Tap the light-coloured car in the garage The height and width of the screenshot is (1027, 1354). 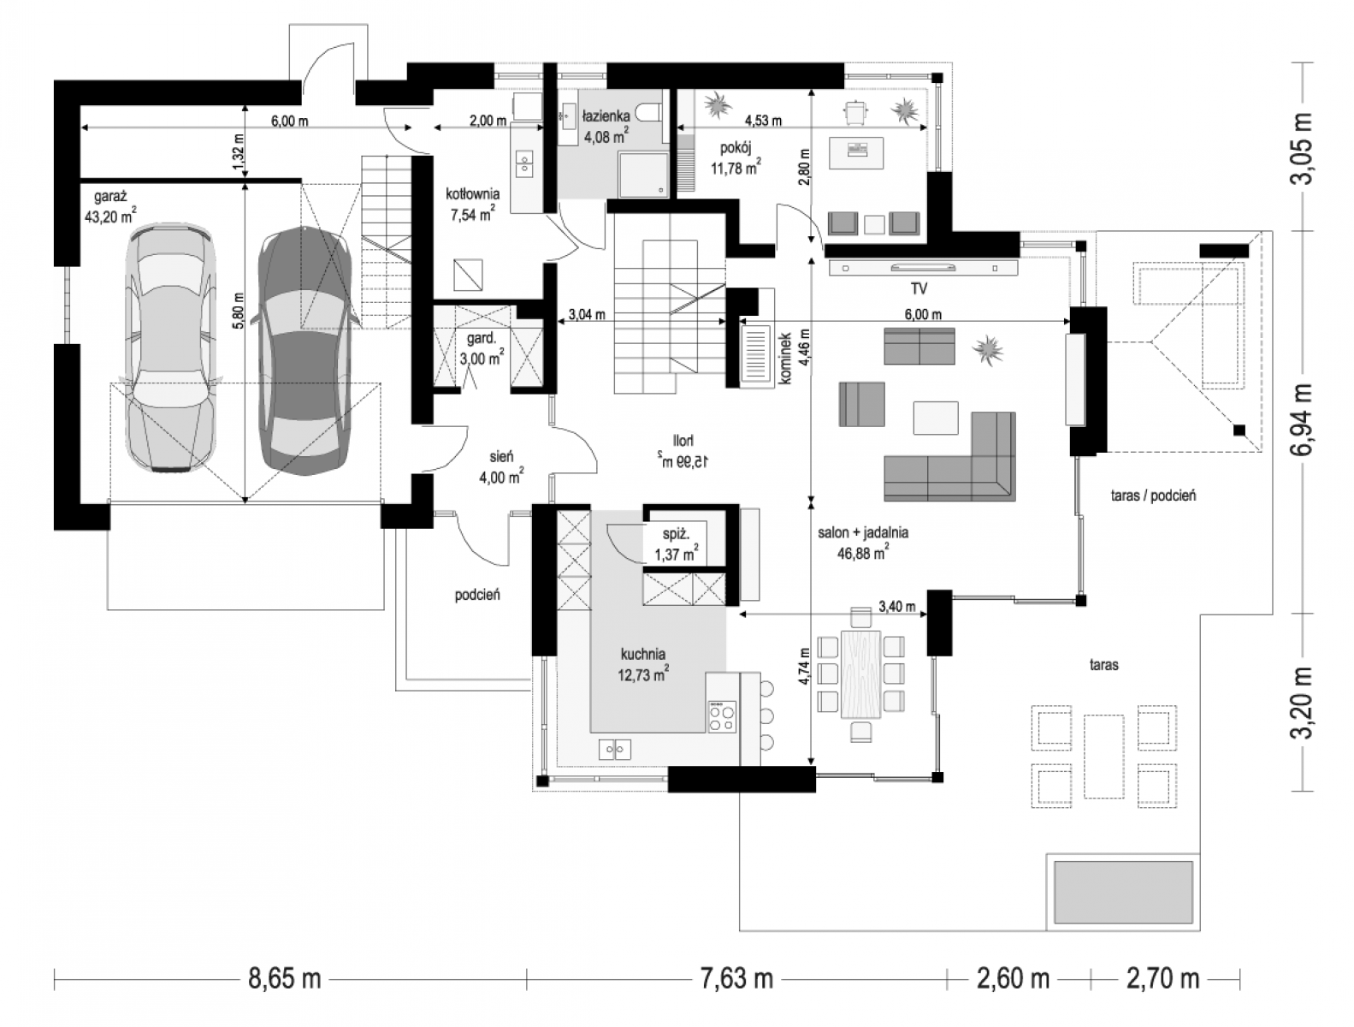171,348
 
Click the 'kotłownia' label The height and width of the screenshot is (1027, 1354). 472,193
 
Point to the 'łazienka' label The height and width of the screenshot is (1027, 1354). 606,116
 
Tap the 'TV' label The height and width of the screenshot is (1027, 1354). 919,288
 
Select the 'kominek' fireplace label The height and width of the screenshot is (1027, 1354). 784,359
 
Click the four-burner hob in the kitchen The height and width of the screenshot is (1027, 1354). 722,716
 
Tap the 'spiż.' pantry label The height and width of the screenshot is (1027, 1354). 676,534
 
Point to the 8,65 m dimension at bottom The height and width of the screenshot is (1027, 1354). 284,978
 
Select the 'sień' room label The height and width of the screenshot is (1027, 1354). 501,457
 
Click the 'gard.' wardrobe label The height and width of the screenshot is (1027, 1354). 482,338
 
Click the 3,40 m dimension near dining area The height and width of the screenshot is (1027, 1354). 897,606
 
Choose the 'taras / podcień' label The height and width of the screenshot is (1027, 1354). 1153,495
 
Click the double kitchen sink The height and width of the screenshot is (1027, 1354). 615,749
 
